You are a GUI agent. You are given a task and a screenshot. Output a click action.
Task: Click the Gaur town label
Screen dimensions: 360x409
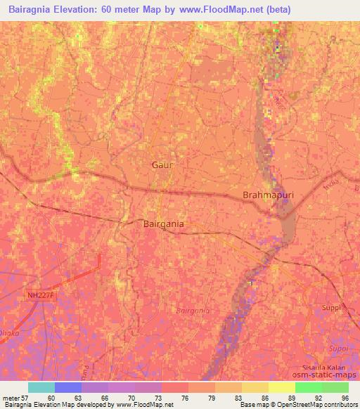(x=162, y=164)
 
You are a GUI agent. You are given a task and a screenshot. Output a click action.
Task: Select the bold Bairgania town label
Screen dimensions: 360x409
(x=164, y=223)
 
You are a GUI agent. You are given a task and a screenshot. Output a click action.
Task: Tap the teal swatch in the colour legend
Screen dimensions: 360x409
(x=41, y=387)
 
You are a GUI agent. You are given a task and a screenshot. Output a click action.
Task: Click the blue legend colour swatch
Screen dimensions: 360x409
(x=67, y=387)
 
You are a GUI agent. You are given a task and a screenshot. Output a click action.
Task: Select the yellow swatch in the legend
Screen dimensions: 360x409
(x=281, y=387)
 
